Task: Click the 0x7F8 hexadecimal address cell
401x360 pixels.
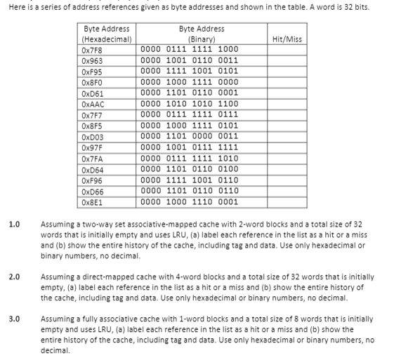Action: (x=91, y=49)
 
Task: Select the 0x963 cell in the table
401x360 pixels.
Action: (x=91, y=60)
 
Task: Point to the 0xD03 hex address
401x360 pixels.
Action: (x=92, y=137)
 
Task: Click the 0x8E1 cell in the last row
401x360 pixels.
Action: (x=91, y=202)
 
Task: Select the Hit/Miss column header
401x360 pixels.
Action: (x=287, y=39)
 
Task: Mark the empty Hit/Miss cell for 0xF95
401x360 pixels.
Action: (x=287, y=71)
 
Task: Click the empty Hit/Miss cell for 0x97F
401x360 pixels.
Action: (x=287, y=147)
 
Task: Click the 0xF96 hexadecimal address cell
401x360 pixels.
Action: (x=91, y=180)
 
